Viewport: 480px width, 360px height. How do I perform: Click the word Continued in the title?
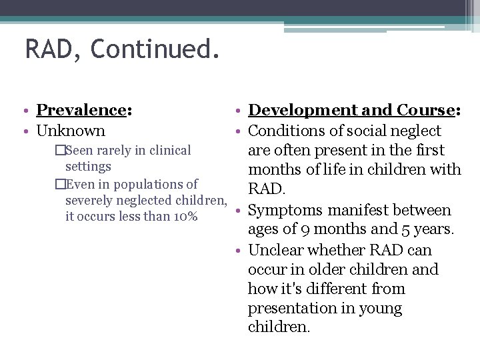(155, 49)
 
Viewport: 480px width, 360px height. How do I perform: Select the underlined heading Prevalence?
(81, 110)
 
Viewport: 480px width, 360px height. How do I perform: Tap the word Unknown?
(71, 131)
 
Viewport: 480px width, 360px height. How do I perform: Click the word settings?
(88, 167)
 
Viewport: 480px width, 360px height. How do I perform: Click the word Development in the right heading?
(303, 110)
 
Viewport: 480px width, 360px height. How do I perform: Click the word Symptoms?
(283, 211)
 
